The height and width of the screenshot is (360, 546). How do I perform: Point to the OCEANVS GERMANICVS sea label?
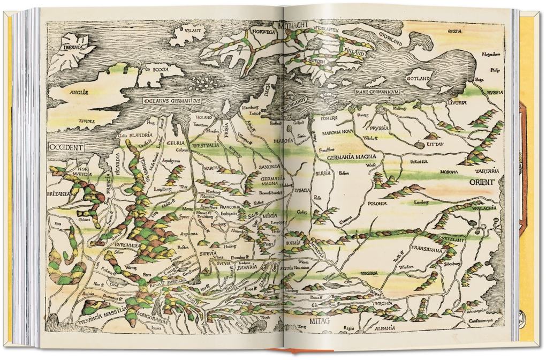(172, 101)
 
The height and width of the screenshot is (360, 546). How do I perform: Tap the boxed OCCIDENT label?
(67, 147)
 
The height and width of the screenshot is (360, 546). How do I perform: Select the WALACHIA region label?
(483, 208)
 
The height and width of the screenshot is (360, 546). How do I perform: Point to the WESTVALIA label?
(202, 144)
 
